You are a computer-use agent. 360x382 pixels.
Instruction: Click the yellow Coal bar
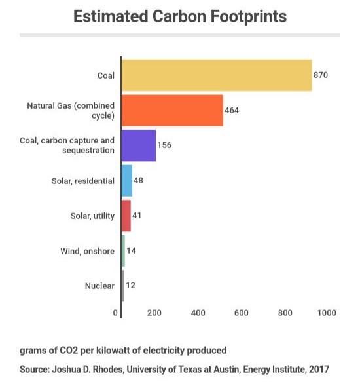[217, 75]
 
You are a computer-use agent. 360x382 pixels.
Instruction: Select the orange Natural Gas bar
[172, 111]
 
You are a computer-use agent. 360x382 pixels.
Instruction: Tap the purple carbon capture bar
[139, 145]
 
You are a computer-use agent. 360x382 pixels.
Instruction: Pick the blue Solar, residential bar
[127, 181]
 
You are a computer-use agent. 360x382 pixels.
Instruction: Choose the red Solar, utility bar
[126, 216]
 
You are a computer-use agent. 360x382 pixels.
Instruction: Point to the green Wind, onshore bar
[123, 251]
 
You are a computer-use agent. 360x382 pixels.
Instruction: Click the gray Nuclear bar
[123, 286]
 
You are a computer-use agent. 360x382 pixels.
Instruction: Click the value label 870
[321, 75]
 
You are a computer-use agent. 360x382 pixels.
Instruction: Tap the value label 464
[232, 110]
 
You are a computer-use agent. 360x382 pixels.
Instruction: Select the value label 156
[164, 145]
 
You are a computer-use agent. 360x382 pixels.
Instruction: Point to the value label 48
[138, 181]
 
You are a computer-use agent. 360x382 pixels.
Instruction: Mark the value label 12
[130, 285]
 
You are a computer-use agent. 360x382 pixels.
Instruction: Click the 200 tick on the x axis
[154, 313]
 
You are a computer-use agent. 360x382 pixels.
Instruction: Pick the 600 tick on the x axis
[242, 313]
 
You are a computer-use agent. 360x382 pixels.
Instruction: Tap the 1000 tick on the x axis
[327, 313]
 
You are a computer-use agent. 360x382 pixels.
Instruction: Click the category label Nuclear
[99, 286]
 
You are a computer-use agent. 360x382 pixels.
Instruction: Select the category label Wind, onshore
[88, 251]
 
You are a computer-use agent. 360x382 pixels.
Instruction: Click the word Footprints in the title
[249, 16]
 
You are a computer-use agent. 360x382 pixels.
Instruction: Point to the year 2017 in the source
[319, 369]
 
